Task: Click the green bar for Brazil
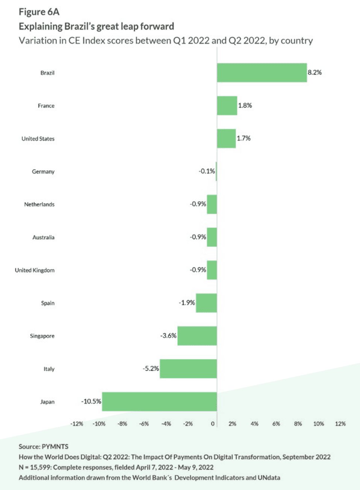262,73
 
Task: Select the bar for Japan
159,402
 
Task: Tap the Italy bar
188,369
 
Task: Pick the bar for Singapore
197,336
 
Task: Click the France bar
227,106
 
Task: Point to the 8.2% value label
315,73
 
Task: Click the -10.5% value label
91,401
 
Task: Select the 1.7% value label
244,138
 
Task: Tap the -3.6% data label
168,336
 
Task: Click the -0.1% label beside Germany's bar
207,171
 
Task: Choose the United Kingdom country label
35,270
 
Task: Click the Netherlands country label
39,204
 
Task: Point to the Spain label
48,303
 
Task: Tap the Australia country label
43,237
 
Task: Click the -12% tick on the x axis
77,424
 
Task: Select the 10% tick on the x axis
318,424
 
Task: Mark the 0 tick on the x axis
213,424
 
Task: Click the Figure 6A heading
39,12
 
